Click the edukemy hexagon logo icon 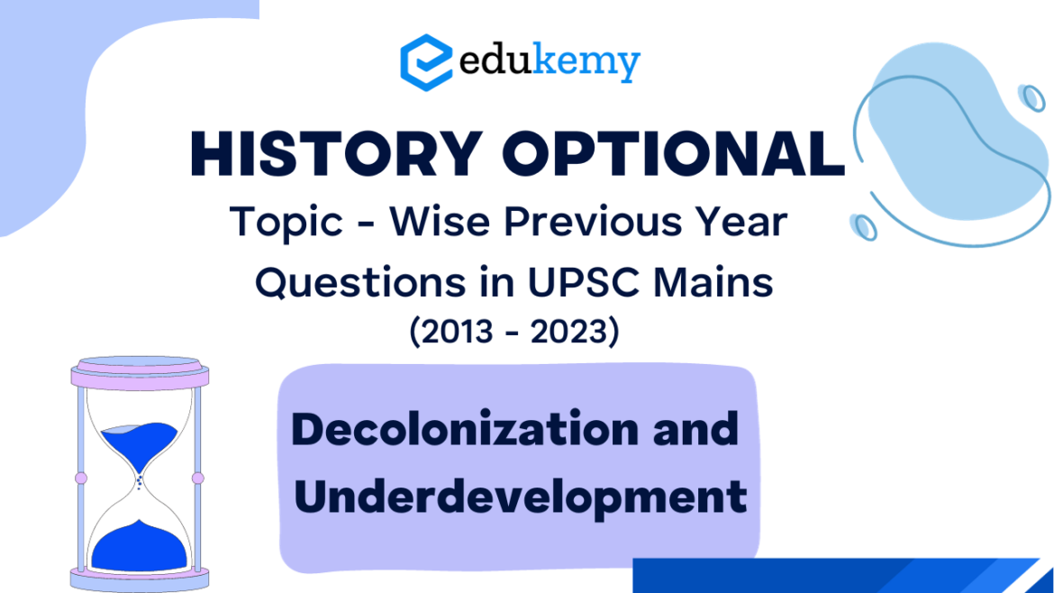[x=425, y=62]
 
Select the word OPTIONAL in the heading [x=674, y=154]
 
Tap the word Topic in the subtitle [x=286, y=222]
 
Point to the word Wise [x=440, y=221]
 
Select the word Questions [x=360, y=282]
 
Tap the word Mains [x=713, y=282]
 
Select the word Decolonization [x=465, y=429]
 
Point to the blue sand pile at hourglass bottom [x=139, y=546]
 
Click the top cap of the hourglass [x=140, y=372]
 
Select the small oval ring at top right [x=1031, y=97]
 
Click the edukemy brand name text [x=550, y=62]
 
